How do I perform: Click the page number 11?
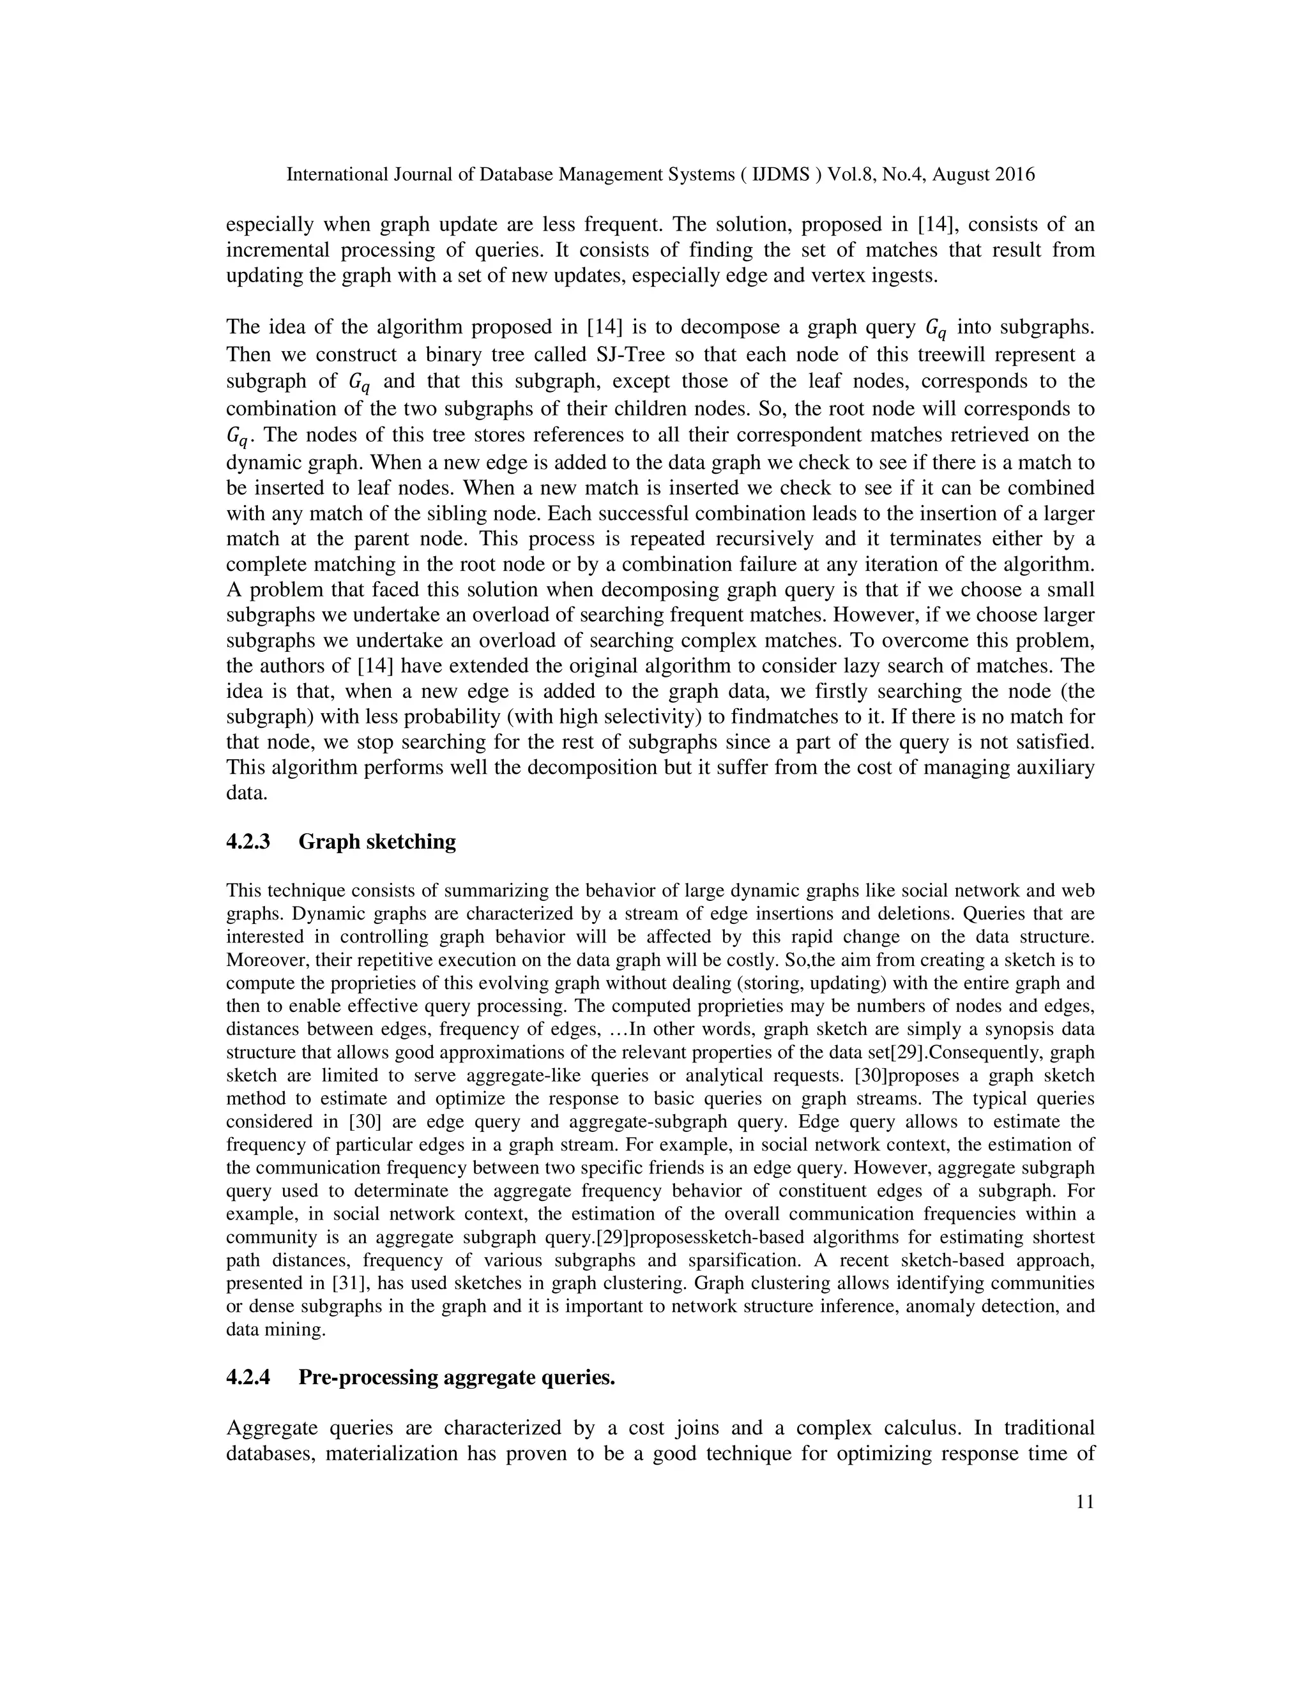click(x=1085, y=1524)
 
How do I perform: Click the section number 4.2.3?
click(x=248, y=842)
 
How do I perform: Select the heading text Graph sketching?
click(x=377, y=842)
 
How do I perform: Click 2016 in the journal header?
click(x=1014, y=175)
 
